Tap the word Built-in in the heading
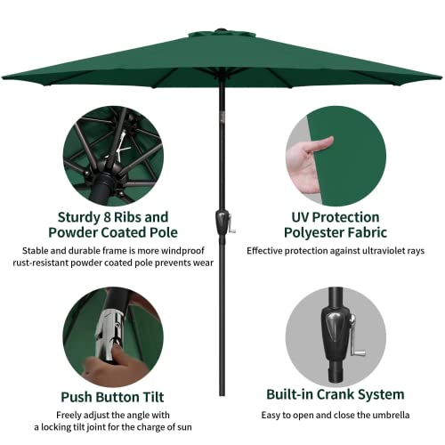pyautogui.click(x=287, y=393)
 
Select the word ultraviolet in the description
pyautogui.click(x=371, y=252)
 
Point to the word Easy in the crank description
pyautogui.click(x=272, y=416)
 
